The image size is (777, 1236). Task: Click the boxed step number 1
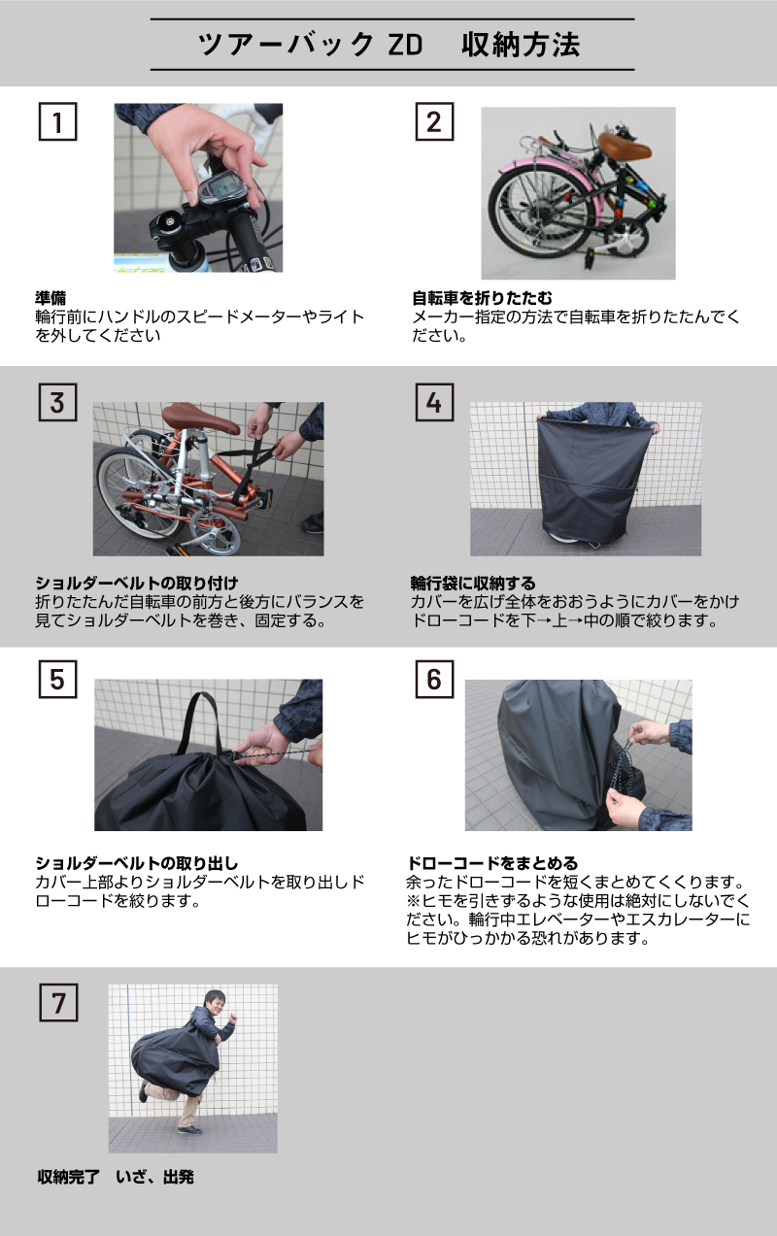click(x=57, y=121)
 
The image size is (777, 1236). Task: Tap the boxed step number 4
click(x=434, y=402)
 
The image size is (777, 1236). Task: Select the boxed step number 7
click(x=58, y=1002)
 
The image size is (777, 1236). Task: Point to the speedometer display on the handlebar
click(x=223, y=192)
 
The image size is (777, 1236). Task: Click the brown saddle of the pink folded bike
click(x=625, y=145)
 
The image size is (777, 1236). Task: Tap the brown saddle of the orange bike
click(x=201, y=417)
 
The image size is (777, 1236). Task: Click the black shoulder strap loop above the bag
click(x=199, y=722)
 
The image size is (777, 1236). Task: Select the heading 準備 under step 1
click(x=51, y=298)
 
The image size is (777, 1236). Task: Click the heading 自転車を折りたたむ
click(x=482, y=298)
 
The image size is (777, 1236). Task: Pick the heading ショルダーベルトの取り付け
click(x=137, y=583)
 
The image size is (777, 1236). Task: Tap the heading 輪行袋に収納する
click(x=473, y=583)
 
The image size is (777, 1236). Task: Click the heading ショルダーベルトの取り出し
click(x=137, y=863)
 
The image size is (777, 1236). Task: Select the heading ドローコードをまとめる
click(x=492, y=863)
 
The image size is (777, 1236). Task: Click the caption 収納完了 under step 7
click(x=68, y=1177)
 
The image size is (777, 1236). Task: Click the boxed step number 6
click(x=434, y=679)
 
